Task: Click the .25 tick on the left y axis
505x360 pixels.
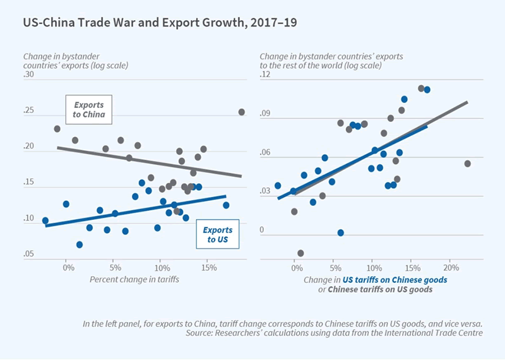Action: [x=29, y=111]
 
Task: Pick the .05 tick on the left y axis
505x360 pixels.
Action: [x=29, y=254]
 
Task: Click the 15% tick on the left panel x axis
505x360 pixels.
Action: [x=207, y=267]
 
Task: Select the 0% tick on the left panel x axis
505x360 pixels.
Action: [x=68, y=267]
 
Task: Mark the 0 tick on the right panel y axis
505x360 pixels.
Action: [x=262, y=230]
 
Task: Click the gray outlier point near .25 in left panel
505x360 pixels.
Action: [x=241, y=112]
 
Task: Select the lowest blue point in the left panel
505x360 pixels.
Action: [x=80, y=244]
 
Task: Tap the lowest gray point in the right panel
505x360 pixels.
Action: [x=300, y=253]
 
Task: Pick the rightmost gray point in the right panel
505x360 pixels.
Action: [x=468, y=164]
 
